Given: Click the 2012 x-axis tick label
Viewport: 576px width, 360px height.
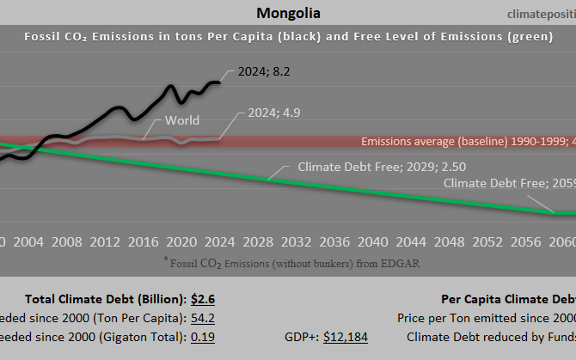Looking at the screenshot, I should click(x=104, y=241).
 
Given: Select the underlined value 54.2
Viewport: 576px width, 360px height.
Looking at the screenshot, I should click(x=202, y=318).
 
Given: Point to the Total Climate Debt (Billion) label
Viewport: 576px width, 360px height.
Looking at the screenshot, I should click(x=105, y=299).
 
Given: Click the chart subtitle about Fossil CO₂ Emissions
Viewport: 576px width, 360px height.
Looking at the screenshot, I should click(x=289, y=38).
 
